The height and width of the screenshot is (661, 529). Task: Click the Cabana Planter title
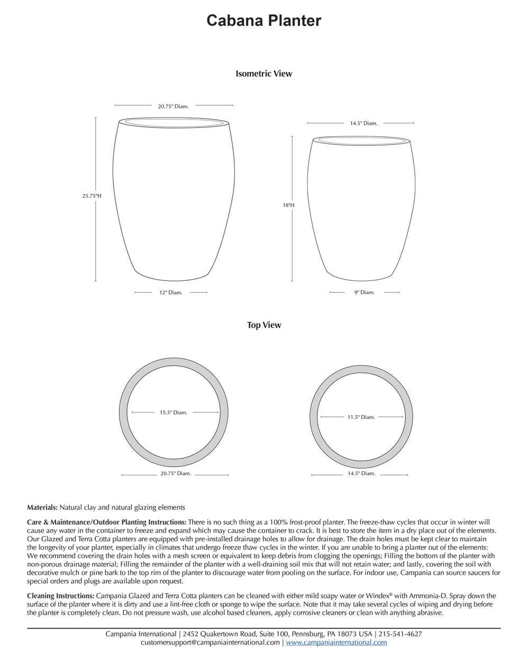[263, 21]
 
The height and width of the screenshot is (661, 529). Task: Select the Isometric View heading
[263, 74]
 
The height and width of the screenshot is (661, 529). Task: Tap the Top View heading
[264, 325]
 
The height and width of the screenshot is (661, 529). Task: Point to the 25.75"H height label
[92, 196]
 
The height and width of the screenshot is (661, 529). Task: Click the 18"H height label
[288, 205]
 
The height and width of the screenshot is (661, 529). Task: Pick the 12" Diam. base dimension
[171, 292]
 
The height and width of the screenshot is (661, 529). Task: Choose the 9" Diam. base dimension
[364, 292]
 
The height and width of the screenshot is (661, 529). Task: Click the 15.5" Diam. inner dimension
[174, 412]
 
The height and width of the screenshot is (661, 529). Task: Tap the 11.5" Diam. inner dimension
[361, 417]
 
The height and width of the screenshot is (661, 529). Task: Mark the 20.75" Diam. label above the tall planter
[173, 106]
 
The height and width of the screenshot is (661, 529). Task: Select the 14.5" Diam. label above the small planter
[363, 123]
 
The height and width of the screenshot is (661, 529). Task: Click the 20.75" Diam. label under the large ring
[176, 474]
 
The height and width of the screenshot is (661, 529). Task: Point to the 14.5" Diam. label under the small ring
[361, 474]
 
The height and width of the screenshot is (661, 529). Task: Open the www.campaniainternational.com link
[336, 642]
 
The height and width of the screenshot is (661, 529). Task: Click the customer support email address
[210, 642]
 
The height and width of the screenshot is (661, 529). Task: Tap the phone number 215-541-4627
[400, 634]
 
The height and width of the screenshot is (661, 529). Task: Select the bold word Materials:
[42, 508]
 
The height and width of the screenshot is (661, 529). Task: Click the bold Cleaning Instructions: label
[61, 596]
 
